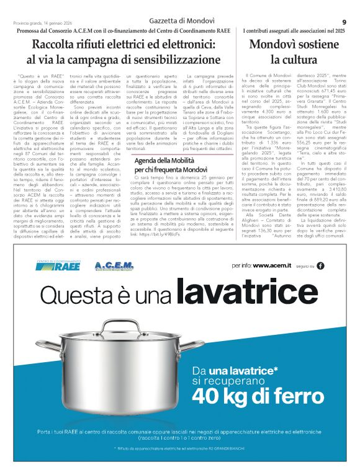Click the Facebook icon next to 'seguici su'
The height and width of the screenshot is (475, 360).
click(x=320, y=265)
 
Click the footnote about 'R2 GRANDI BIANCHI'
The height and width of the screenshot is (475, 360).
click(x=180, y=447)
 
